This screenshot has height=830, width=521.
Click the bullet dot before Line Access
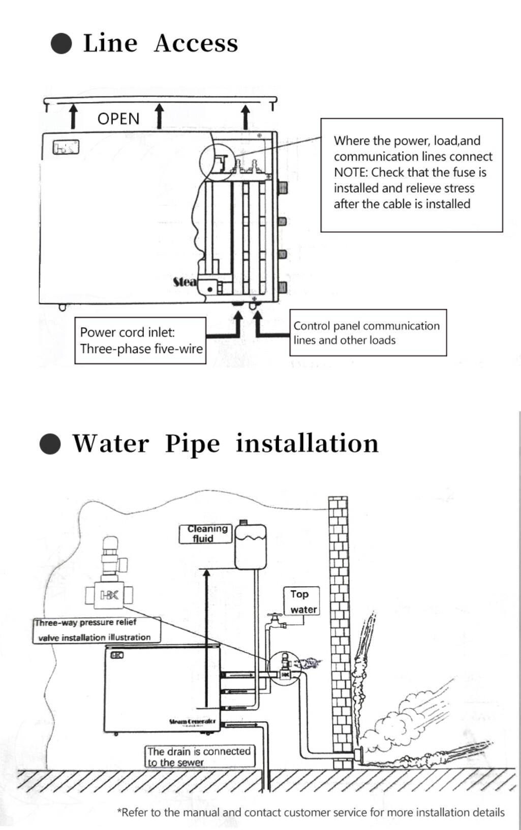[x=62, y=43]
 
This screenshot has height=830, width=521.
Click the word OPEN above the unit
[x=118, y=119]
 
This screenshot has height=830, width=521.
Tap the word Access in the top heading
[x=196, y=43]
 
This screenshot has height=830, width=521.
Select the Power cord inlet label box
[x=140, y=340]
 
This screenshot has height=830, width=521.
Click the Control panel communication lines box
[x=367, y=333]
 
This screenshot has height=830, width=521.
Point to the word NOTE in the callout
[x=349, y=172]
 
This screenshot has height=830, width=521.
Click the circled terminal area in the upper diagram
[x=217, y=161]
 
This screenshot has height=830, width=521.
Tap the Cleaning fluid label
[x=205, y=533]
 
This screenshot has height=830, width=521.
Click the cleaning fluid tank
[x=250, y=546]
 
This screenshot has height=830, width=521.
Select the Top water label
[x=302, y=601]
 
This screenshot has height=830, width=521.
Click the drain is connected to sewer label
[x=199, y=756]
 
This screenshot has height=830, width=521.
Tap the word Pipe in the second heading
[x=192, y=443]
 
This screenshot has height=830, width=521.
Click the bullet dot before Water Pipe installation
[x=50, y=443]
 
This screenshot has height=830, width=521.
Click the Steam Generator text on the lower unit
[x=193, y=721]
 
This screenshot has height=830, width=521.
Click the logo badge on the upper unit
[x=66, y=148]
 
